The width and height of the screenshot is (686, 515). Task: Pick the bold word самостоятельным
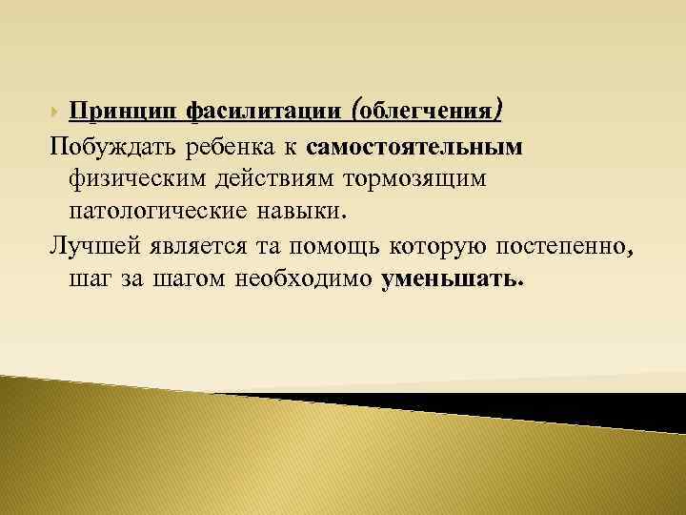(x=416, y=148)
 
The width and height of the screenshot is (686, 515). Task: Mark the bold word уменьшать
(x=452, y=280)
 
